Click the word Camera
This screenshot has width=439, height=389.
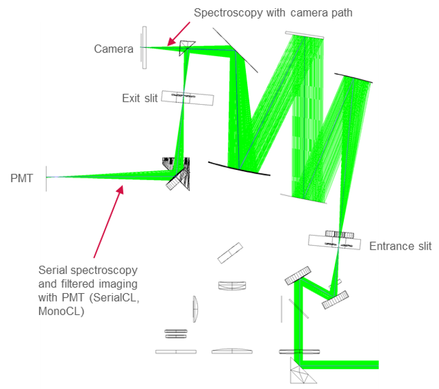tap(113, 49)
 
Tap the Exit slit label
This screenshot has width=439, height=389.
tap(139, 98)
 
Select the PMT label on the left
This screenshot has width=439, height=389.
tap(22, 178)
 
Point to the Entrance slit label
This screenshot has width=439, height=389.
tap(400, 246)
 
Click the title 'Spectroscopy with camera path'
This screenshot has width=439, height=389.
tap(273, 12)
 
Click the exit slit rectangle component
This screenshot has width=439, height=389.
tap(187, 98)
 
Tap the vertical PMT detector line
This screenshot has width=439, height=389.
tap(46, 178)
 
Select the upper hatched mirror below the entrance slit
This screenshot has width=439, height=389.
tap(298, 275)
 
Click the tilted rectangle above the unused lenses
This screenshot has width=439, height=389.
tap(230, 253)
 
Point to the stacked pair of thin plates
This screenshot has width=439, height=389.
tap(176, 332)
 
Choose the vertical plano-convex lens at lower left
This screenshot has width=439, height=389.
tap(195, 309)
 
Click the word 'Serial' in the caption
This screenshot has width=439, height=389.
tap(52, 270)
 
